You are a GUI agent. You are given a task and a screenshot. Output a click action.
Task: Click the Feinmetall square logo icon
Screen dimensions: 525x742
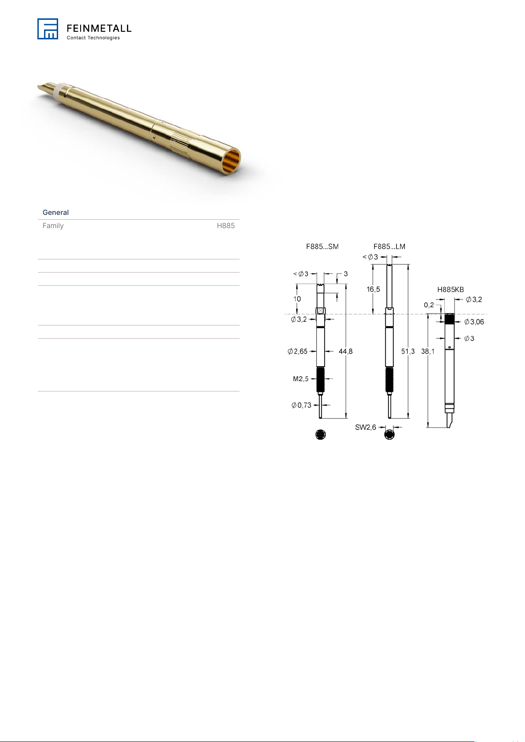click(x=48, y=29)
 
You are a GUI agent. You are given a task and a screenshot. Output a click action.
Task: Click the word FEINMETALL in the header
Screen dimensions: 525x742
click(x=99, y=28)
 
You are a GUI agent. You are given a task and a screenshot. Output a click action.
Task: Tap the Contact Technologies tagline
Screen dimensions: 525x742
click(x=93, y=38)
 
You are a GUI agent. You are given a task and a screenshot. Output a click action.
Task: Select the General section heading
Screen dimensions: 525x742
click(x=55, y=212)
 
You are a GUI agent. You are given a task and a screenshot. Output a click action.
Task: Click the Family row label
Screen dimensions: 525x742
click(x=53, y=225)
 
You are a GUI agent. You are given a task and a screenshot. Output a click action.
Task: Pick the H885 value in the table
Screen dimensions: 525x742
click(x=226, y=225)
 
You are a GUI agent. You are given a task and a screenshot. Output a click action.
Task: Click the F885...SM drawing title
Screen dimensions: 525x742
click(x=322, y=247)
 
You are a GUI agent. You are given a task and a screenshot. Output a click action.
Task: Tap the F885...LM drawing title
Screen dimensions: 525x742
click(x=389, y=247)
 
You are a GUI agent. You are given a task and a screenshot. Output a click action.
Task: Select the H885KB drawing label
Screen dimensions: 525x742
click(x=451, y=289)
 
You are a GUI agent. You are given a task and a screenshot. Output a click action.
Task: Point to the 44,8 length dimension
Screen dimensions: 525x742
click(x=345, y=351)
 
